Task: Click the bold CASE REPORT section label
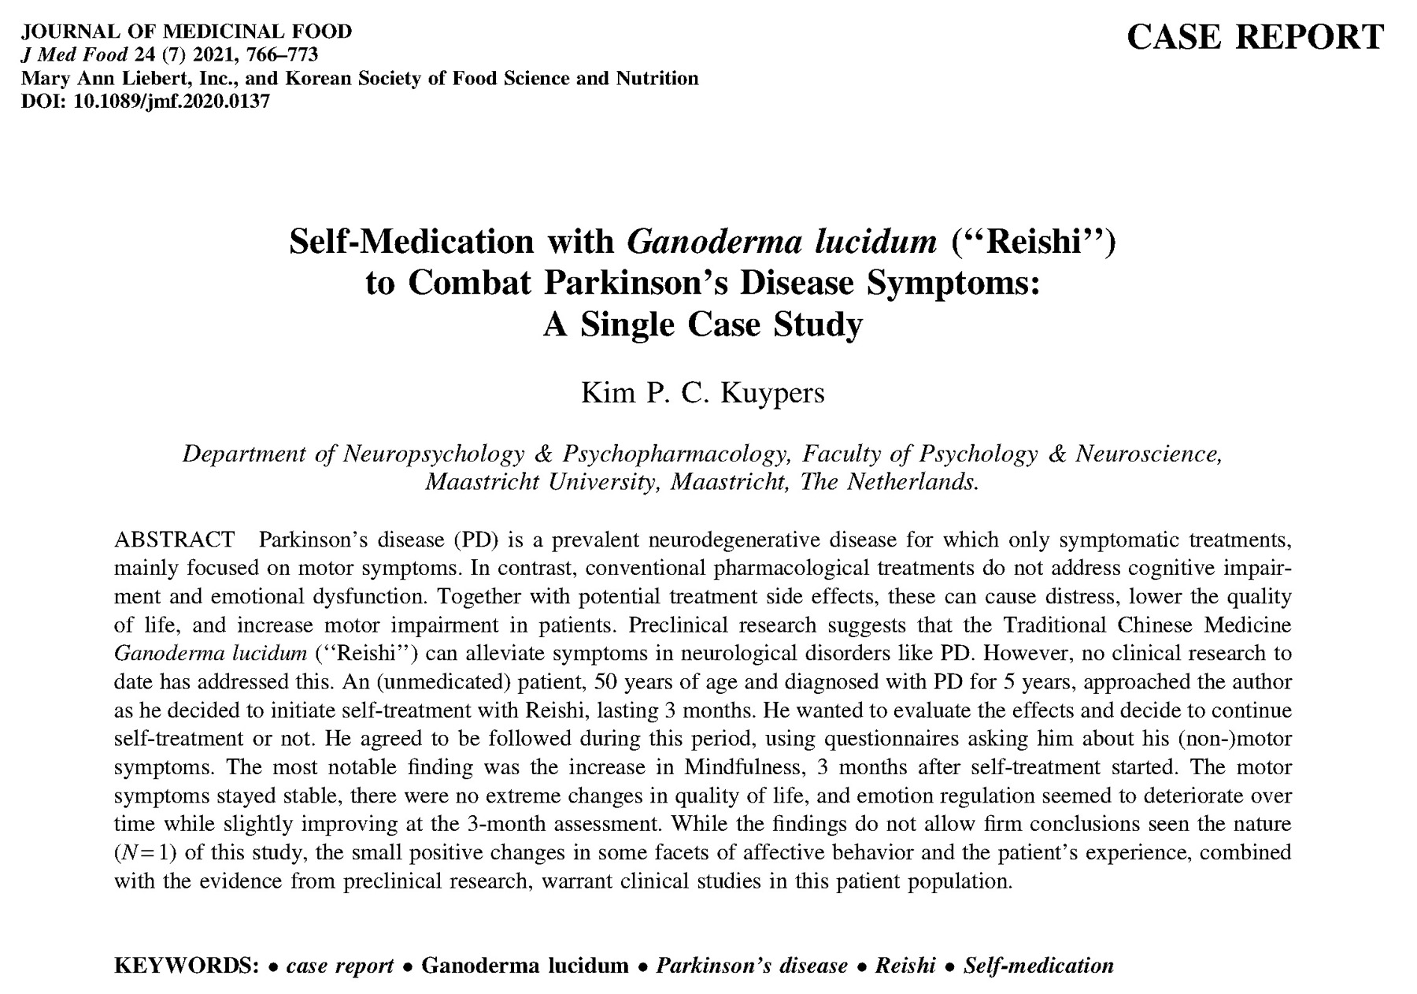1255,37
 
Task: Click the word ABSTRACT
174,540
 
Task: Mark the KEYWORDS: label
187,966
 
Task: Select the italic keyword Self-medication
1038,966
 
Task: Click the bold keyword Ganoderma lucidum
525,966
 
